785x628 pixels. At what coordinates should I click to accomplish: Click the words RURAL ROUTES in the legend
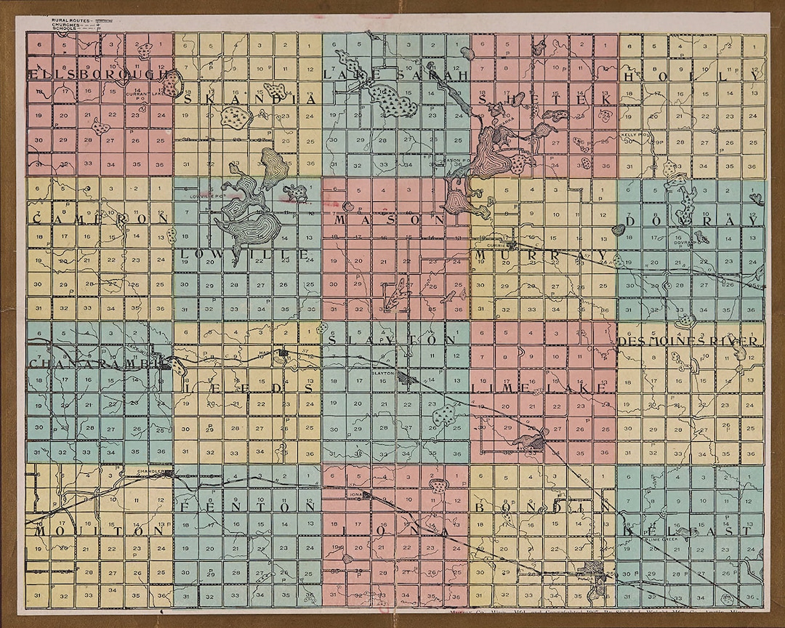pyautogui.click(x=65, y=20)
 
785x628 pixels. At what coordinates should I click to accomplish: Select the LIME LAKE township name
pyautogui.click(x=539, y=389)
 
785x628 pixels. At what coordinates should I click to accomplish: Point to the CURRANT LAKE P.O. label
pyautogui.click(x=137, y=95)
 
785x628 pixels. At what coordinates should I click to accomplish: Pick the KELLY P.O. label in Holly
pyautogui.click(x=629, y=136)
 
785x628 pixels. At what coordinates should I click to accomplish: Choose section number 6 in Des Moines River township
pyautogui.click(x=629, y=334)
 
